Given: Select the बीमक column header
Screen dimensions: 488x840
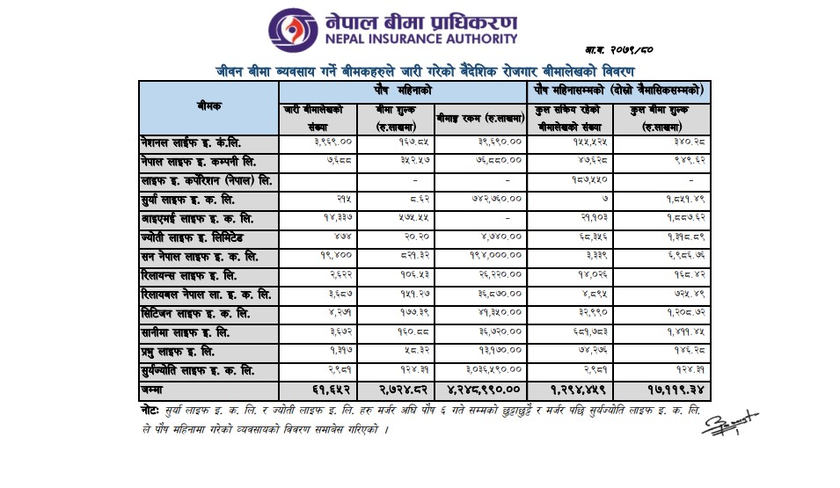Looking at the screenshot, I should pos(209,106).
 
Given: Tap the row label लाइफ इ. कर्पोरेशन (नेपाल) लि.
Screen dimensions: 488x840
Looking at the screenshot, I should pos(202,180).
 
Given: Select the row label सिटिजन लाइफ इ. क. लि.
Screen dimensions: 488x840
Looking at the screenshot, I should pos(195,312).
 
